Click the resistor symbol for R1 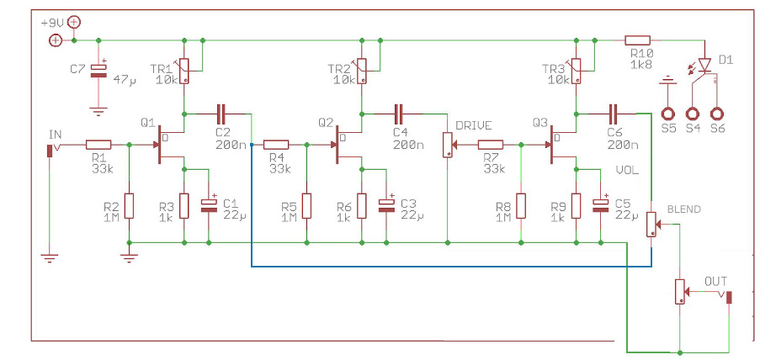point(98,145)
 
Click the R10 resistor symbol point(637,40)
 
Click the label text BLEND point(683,209)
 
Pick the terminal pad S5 point(668,113)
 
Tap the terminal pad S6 point(718,113)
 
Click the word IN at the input point(56,133)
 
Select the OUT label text point(717,280)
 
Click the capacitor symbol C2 point(221,113)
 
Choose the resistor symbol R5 point(307,205)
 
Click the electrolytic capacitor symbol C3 point(387,204)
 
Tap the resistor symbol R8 point(521,205)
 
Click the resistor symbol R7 point(491,145)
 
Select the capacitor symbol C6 point(613,113)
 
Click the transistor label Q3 point(539,123)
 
